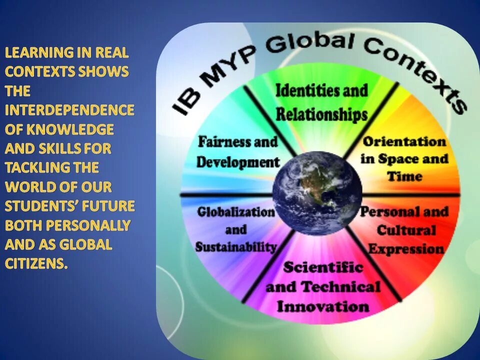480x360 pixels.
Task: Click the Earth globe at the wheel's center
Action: (x=317, y=193)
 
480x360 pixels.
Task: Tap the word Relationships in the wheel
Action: (x=321, y=114)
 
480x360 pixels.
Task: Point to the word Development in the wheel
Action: (x=237, y=162)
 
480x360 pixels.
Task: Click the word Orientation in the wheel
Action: (x=404, y=141)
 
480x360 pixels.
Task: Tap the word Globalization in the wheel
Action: (x=236, y=211)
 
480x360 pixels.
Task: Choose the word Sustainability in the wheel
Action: (x=236, y=247)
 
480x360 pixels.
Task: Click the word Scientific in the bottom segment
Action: (x=323, y=267)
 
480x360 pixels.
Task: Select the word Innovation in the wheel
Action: (x=323, y=306)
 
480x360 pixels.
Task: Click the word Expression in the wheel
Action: (x=406, y=248)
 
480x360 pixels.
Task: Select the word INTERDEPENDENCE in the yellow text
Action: (x=69, y=110)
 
